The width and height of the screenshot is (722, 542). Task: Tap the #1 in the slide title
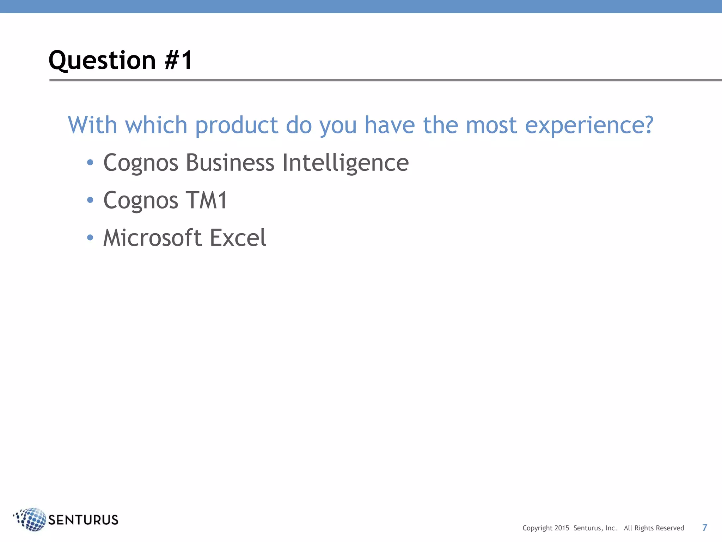click(x=178, y=60)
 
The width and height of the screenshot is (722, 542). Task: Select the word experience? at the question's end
click(x=589, y=125)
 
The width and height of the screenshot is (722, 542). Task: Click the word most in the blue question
click(x=491, y=125)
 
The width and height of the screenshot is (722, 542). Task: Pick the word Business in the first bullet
click(x=230, y=163)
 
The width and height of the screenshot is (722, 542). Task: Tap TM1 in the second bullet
click(x=207, y=200)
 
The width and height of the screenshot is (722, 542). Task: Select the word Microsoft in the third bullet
click(x=152, y=237)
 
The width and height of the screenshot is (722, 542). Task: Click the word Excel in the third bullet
click(x=238, y=237)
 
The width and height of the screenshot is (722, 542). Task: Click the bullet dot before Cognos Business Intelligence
click(x=90, y=162)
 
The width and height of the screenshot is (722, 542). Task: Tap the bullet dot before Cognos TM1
click(x=90, y=200)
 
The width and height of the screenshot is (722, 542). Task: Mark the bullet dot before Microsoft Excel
click(x=90, y=237)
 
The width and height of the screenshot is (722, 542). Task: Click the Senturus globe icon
click(x=32, y=519)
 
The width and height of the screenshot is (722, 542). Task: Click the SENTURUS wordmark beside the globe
click(x=83, y=520)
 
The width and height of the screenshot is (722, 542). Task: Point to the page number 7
click(x=705, y=528)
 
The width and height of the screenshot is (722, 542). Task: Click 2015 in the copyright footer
click(x=562, y=528)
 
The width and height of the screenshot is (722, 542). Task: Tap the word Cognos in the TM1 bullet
click(x=141, y=200)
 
